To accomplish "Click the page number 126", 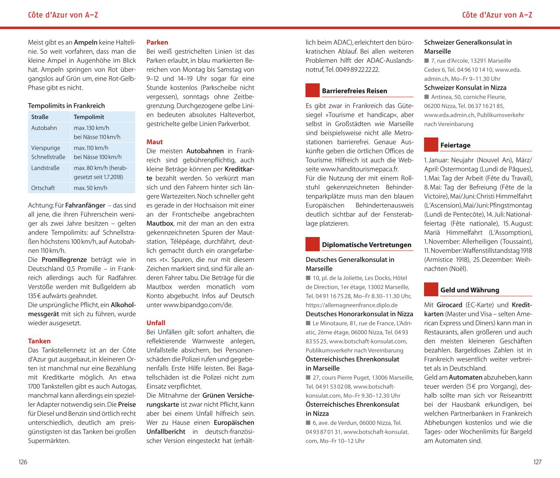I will [23, 462].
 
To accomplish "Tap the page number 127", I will [537, 462].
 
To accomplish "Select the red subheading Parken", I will [157, 42].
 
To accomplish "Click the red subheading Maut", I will [155, 142].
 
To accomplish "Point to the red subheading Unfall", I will [156, 323].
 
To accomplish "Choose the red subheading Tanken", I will [39, 341].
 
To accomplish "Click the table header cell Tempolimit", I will [89, 117].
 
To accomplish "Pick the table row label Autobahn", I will [44, 128].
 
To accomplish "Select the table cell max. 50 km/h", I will [91, 188].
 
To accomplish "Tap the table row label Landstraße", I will [45, 168].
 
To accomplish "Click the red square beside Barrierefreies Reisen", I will [313, 90].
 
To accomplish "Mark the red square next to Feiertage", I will [431, 145].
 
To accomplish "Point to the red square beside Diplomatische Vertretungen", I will [313, 244].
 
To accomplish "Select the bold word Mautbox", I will [160, 223].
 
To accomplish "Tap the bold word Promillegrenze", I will [64, 260].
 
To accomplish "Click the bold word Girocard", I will [449, 305].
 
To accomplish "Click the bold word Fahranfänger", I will [85, 205].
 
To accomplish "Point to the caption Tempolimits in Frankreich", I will [66, 105].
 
